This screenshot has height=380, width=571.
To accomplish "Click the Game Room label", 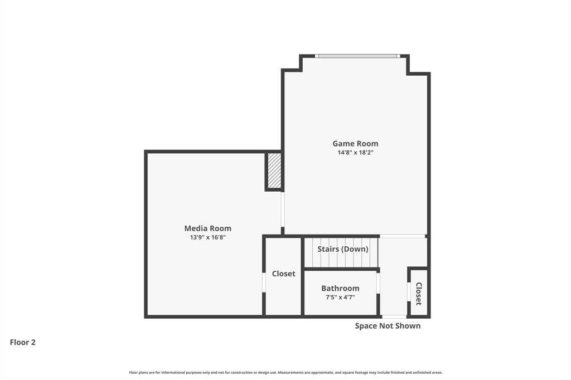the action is tap(355, 143).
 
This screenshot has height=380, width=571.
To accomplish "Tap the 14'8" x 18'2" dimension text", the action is tap(355, 153).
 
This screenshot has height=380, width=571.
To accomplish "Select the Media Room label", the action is tap(207, 228).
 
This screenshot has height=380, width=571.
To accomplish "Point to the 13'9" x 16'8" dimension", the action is tap(207, 237).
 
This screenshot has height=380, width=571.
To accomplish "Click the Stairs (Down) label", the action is tap(343, 249).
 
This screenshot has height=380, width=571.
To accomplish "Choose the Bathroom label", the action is tap(340, 288).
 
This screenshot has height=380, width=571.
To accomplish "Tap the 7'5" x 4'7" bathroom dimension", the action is tap(340, 298).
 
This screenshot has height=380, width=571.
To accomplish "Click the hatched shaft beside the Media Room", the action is tap(274, 170).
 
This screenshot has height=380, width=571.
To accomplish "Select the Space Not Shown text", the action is tap(388, 326).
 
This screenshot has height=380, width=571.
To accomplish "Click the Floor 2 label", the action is tap(22, 342).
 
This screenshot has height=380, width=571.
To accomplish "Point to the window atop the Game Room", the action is tap(357, 56).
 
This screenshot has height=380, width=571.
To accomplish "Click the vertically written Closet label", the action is tap(419, 294).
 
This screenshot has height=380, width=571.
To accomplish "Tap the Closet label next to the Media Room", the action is tap(283, 274).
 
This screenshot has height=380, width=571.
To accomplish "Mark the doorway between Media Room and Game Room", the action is tap(283, 210).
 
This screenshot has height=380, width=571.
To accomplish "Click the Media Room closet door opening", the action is tap(264, 282).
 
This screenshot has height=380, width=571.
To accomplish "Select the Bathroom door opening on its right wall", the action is tap(378, 283).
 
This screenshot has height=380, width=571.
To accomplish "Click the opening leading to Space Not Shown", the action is tap(394, 316).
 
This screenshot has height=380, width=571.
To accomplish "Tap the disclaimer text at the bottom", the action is tap(285, 372).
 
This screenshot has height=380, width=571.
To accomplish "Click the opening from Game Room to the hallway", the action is tap(403, 236).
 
